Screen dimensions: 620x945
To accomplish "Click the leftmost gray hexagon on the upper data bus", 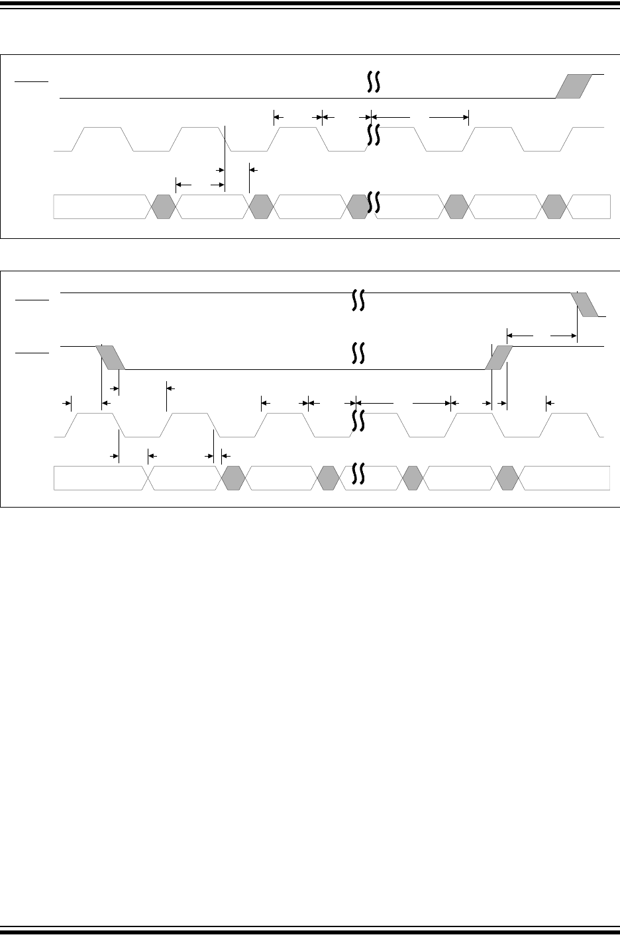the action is point(163,206).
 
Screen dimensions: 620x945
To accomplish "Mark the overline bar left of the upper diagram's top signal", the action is point(32,81).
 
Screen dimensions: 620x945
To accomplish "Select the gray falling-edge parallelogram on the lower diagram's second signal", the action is point(110,357).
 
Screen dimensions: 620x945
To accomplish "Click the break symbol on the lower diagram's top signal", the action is point(358,300).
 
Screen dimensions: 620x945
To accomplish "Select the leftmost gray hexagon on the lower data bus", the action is point(233,478).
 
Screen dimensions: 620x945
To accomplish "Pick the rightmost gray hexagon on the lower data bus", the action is point(508,478).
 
